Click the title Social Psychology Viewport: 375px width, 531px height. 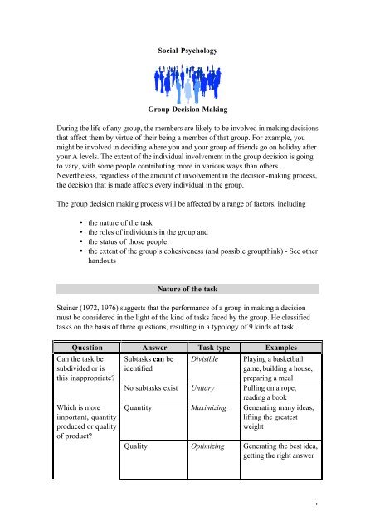(187, 51)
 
